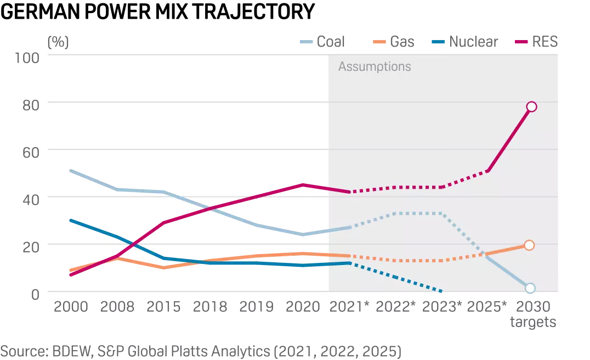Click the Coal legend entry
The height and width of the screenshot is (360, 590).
323,42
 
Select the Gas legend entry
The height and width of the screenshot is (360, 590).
395,42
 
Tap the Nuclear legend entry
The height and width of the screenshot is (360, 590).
466,42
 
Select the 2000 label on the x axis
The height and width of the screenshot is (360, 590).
71,306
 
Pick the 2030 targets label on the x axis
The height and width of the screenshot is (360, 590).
532,314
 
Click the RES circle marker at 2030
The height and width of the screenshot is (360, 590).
531,106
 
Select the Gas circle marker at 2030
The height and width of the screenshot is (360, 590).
529,245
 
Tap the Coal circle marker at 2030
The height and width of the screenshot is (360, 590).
530,288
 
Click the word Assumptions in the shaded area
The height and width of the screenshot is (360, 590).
375,67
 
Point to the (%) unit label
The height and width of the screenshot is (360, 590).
58,42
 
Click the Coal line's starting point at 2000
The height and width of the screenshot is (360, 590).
71,171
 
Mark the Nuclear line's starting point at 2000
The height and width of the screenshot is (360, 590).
71,220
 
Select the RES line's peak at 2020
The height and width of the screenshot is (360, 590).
303,184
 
